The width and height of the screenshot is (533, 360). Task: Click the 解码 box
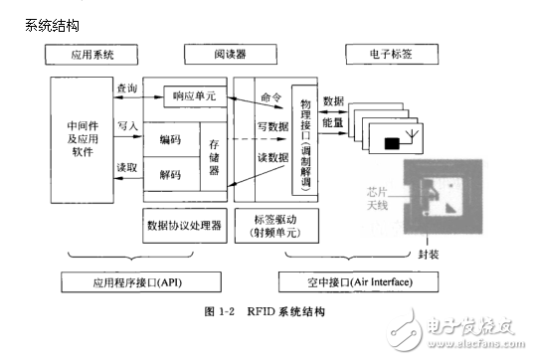[x=170, y=175]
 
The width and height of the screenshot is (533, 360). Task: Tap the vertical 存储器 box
[x=214, y=157]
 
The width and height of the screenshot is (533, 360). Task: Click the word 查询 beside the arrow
[x=126, y=89]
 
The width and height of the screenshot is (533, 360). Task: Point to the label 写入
[x=126, y=126]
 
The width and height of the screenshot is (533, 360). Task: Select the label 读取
[x=126, y=167]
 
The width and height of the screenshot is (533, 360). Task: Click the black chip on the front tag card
[x=394, y=143]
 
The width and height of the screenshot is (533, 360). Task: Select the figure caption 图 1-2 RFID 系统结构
[x=266, y=312]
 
